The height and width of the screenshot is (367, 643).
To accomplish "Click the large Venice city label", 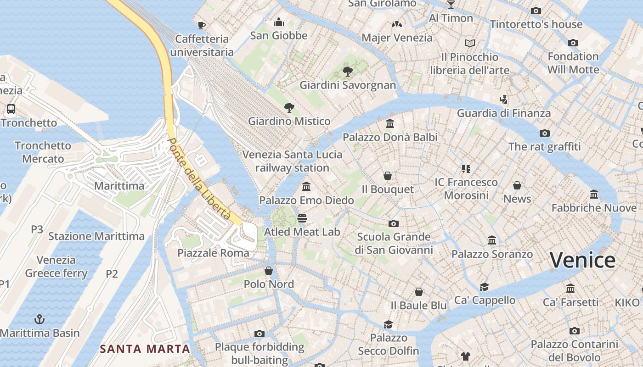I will [x=582, y=260].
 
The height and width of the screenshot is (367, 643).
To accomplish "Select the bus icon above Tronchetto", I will [x=11, y=109].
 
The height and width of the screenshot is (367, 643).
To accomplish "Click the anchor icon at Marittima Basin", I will [x=39, y=319].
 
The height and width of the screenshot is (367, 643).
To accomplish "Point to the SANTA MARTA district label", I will [x=145, y=349].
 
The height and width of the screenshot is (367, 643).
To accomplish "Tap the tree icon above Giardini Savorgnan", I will [x=348, y=71].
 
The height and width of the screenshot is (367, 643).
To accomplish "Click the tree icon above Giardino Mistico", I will [x=289, y=108].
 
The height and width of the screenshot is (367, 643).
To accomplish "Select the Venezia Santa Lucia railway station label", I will [x=292, y=161].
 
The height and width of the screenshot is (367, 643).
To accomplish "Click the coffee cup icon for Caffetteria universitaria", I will [x=201, y=25].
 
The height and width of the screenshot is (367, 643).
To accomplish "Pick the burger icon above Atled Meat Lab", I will [x=302, y=218].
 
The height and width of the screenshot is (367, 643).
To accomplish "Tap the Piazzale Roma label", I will [x=213, y=253].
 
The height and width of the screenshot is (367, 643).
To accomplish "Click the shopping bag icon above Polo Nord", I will [x=269, y=271].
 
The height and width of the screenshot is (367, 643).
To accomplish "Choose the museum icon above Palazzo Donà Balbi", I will [x=390, y=123].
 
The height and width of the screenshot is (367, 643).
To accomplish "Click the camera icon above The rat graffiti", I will [x=544, y=133].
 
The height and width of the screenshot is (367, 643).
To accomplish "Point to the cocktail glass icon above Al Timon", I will [x=451, y=5].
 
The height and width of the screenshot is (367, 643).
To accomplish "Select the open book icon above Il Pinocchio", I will [x=469, y=43].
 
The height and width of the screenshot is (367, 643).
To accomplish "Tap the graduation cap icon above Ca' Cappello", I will [x=484, y=287].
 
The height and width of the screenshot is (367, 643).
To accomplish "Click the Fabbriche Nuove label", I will [x=594, y=208].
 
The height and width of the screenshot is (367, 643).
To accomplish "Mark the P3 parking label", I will [x=37, y=229].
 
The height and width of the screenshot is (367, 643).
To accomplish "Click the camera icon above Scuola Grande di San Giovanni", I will [x=393, y=223].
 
